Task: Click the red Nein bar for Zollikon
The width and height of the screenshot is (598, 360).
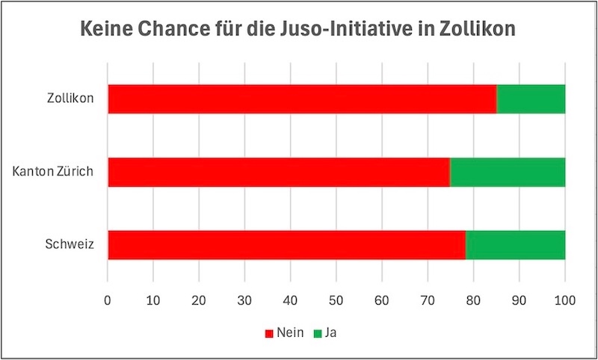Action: (x=302, y=99)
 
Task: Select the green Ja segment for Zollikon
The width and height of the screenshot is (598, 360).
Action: (x=531, y=99)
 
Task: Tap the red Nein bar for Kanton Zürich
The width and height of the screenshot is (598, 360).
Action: (x=278, y=172)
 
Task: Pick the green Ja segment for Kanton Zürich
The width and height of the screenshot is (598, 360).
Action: (x=508, y=172)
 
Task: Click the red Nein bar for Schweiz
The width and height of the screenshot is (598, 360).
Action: (x=286, y=244)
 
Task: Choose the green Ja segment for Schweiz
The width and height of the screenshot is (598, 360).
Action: (x=515, y=244)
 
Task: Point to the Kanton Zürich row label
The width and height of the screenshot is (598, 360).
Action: (x=52, y=172)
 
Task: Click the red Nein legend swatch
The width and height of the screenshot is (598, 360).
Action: (x=269, y=333)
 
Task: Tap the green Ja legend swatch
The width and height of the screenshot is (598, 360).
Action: (x=317, y=333)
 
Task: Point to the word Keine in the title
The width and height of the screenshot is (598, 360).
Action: (x=104, y=31)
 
